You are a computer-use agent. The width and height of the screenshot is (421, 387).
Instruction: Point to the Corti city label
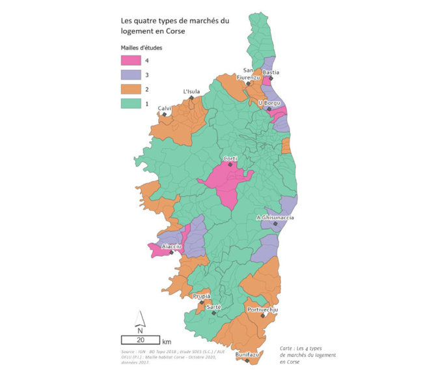pos(230,158)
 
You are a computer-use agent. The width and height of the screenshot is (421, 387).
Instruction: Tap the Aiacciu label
pos(172,246)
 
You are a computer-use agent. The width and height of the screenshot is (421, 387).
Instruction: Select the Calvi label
pos(165,107)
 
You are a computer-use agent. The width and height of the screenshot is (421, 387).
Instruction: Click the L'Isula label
pos(191,91)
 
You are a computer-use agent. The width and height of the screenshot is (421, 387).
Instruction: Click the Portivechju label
pos(262,309)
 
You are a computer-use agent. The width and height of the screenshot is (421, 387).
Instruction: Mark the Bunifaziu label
pos(247,354)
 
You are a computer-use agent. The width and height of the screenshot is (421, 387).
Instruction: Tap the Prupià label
pos(202,296)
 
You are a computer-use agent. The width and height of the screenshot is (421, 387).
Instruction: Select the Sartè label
pos(213,306)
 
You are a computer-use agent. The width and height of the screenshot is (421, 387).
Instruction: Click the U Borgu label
pos(269,102)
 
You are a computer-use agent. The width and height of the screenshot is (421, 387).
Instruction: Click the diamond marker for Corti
pos(230,165)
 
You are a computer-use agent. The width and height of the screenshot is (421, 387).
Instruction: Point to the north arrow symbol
pos(139,319)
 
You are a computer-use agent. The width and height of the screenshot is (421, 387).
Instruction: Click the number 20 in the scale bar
pos(139,340)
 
